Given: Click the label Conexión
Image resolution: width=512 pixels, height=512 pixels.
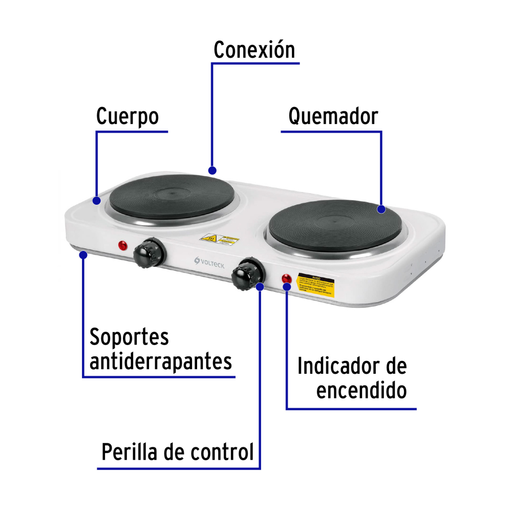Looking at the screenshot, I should click(254, 50).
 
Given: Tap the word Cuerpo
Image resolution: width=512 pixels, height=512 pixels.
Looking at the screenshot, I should click(127, 116).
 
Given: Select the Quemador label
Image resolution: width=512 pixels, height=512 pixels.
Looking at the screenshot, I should click(333, 116).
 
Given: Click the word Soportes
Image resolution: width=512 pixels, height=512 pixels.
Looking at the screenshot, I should click(129, 337).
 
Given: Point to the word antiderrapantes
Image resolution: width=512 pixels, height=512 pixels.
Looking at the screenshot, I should click(161, 361).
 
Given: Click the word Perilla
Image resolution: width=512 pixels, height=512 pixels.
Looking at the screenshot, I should click(131, 452).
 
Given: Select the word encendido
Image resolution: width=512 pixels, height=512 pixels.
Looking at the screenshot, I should click(361, 391).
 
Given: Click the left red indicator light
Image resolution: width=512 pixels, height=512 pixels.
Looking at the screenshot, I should click(123, 245).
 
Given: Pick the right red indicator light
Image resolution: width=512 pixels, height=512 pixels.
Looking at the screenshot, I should click(287, 279).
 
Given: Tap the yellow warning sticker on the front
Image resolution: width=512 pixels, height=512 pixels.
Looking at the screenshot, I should click(316, 285).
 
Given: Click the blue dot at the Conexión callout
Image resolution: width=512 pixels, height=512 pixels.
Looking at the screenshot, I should click(212, 170).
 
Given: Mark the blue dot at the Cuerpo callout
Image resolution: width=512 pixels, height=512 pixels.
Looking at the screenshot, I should click(97, 200).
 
